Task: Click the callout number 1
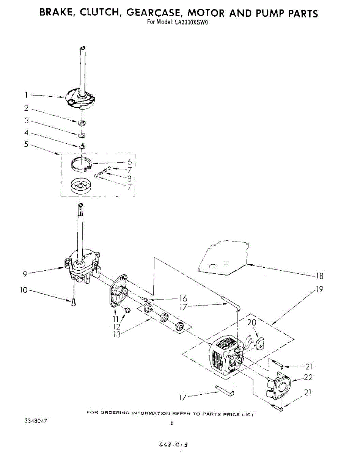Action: point(26,95)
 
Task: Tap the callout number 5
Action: point(26,144)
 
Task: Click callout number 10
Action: point(24,290)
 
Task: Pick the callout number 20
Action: point(252,323)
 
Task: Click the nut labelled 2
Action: point(82,123)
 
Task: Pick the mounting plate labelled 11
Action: point(119,292)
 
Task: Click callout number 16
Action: point(184,299)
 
